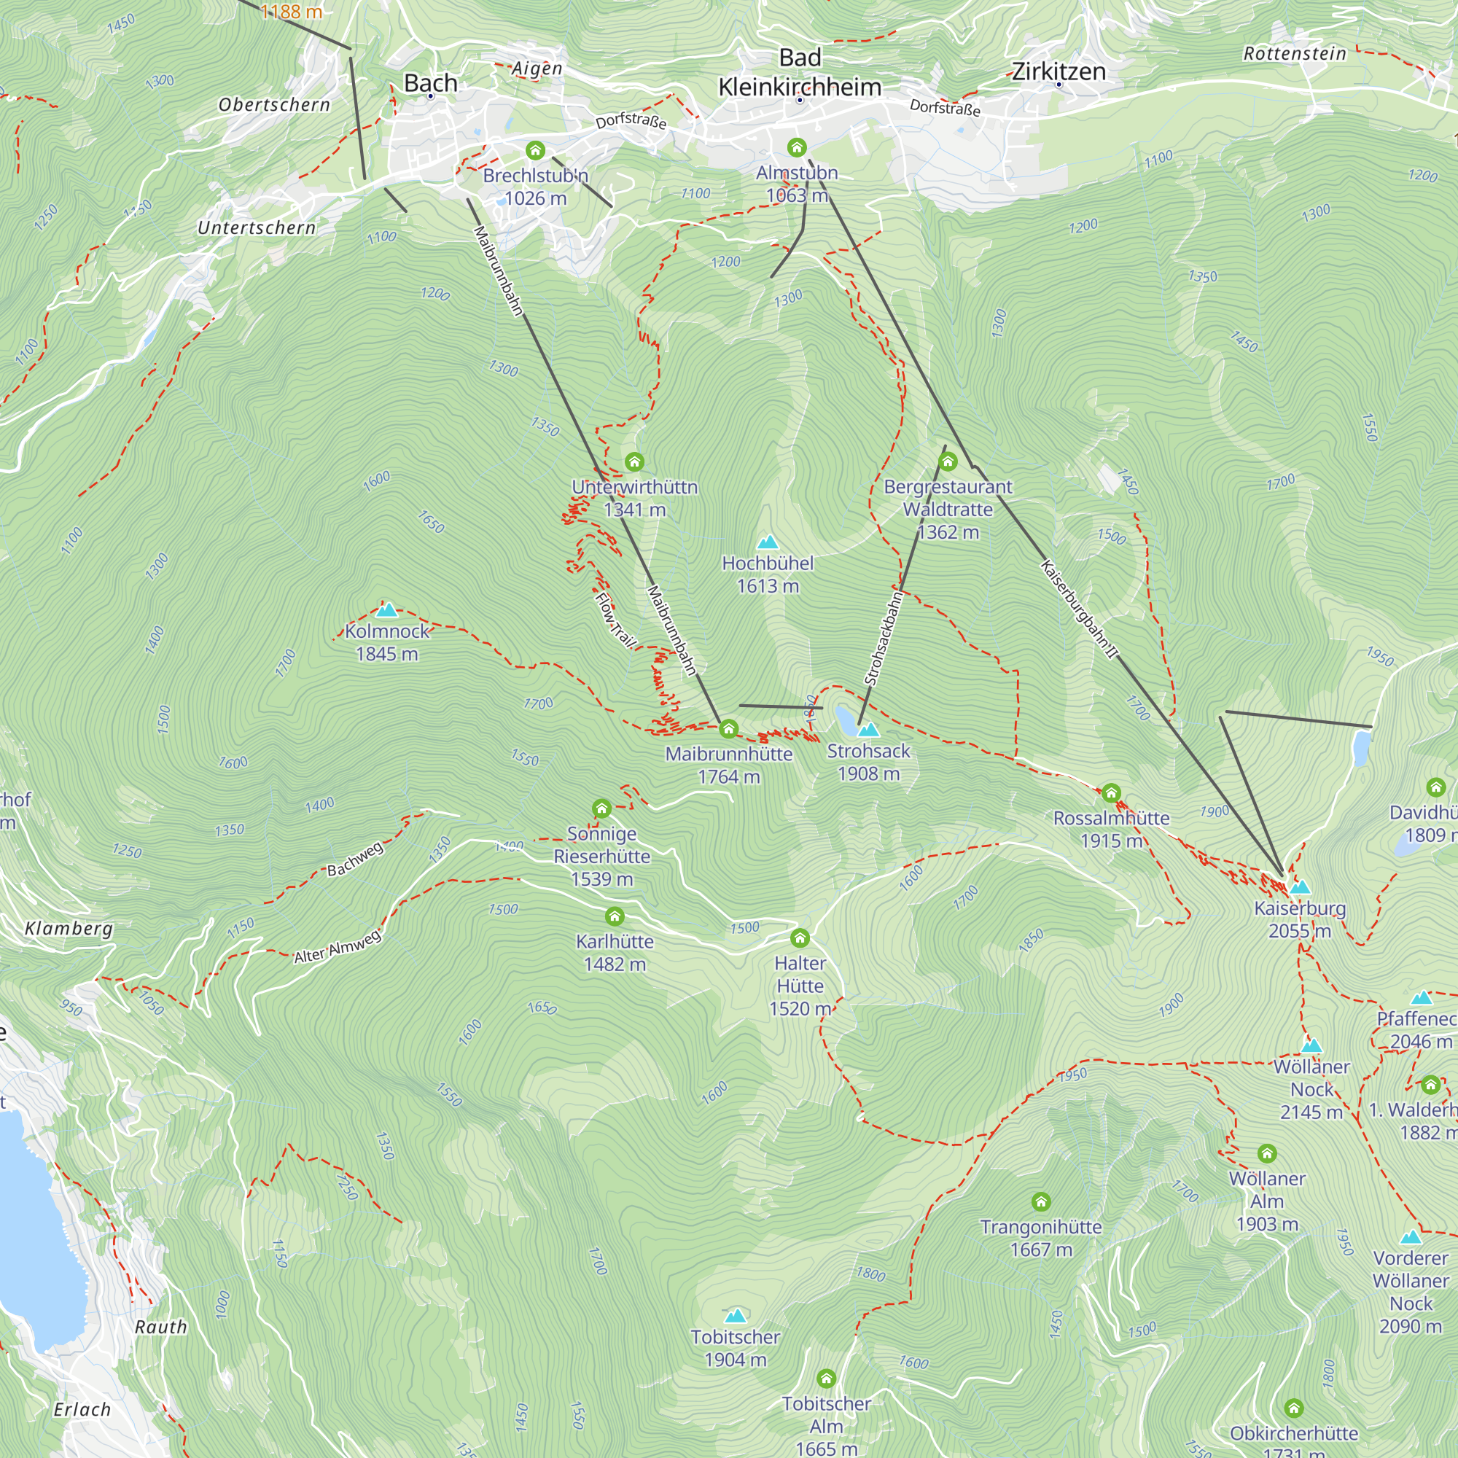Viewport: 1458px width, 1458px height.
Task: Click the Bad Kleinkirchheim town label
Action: tap(799, 73)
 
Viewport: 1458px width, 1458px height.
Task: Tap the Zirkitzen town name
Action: tap(1058, 71)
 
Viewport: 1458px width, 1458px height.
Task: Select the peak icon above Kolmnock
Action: tap(386, 609)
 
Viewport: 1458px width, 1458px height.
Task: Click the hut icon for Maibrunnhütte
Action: tap(728, 728)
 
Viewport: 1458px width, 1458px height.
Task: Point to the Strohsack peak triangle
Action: tap(869, 730)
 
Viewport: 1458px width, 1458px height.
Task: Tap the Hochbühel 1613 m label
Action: tap(768, 574)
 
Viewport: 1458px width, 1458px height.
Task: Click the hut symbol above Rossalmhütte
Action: tap(1111, 792)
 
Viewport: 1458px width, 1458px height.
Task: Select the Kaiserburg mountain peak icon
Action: tap(1300, 887)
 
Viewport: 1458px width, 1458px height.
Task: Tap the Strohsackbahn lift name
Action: tap(884, 639)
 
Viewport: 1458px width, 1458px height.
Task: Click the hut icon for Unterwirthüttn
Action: tap(634, 461)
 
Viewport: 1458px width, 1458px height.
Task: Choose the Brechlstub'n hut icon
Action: tap(535, 150)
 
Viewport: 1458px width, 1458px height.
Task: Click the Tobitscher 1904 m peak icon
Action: tap(735, 1316)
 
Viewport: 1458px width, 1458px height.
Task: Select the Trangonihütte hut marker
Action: tap(1041, 1201)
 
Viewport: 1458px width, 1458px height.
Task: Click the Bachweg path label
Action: tap(355, 859)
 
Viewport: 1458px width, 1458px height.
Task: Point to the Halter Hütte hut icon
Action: tap(800, 938)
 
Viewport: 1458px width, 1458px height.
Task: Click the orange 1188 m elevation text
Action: tap(292, 12)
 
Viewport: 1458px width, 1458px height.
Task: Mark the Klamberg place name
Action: tap(69, 928)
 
